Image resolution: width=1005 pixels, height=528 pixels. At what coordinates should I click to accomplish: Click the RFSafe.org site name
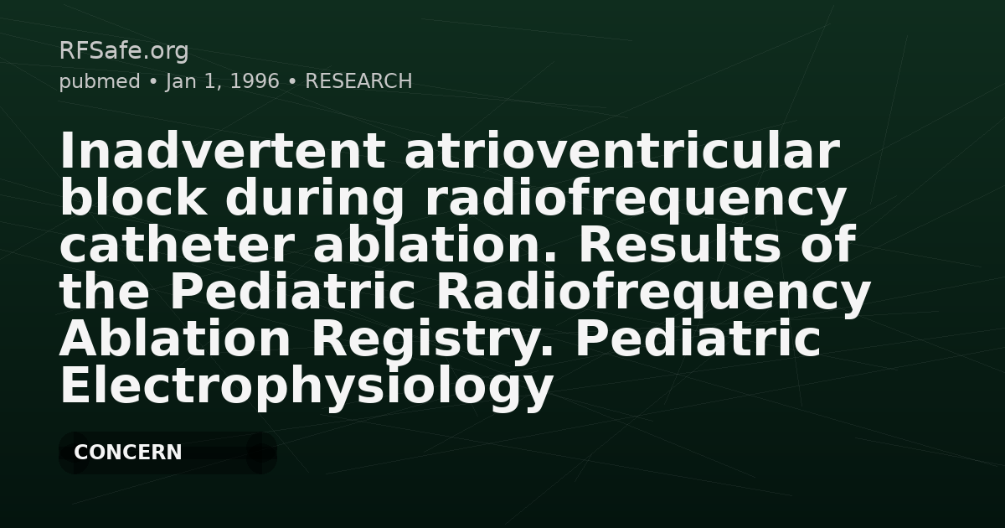(123, 51)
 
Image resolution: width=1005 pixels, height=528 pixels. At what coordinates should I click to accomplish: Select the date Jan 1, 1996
(222, 81)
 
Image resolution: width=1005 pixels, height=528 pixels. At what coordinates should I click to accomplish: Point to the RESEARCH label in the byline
(358, 81)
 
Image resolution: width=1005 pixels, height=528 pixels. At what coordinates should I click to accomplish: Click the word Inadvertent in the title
(222, 152)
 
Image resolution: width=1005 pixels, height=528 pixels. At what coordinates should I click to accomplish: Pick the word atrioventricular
(621, 152)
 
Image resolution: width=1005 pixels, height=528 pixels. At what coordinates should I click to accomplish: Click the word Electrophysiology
(306, 386)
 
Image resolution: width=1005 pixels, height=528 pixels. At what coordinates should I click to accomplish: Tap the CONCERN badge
(128, 453)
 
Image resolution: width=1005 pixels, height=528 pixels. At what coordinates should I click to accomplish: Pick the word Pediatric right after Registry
(697, 339)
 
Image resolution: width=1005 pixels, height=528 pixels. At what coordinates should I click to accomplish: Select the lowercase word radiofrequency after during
(636, 199)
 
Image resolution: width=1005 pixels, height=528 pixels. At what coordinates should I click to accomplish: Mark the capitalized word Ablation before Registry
(174, 339)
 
